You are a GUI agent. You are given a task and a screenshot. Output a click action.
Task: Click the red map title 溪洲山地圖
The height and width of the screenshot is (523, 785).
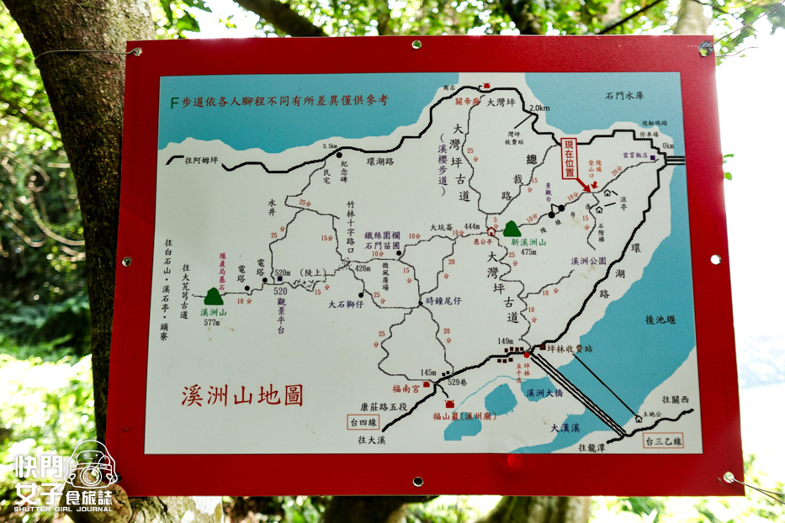coord(242,396)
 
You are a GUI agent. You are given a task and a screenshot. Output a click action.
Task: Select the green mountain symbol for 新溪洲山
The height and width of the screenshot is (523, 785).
coord(512,229)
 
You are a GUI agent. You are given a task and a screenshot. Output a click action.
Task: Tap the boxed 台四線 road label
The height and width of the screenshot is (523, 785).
coord(358,422)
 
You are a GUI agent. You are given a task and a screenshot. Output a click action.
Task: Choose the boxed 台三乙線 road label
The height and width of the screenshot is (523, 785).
coord(663,440)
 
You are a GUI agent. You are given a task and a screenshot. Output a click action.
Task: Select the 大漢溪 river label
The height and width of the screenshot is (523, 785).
coord(565,428)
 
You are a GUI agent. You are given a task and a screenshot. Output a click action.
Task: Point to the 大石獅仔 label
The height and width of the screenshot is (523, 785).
coord(346,304)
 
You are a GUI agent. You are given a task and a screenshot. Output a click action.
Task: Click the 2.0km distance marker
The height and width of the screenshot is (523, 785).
coord(538,108)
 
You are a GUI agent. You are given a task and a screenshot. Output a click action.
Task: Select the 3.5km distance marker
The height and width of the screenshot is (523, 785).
coord(329,145)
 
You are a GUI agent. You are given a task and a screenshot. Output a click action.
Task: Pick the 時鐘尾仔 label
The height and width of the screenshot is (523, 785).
coord(443,299)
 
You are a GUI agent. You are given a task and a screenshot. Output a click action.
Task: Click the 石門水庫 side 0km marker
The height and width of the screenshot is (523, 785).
coord(668,146)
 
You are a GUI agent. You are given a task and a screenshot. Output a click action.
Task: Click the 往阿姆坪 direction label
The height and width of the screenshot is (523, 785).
coord(195,160)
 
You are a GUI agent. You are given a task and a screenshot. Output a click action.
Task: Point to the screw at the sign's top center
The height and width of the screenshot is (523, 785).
coord(416,45)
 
